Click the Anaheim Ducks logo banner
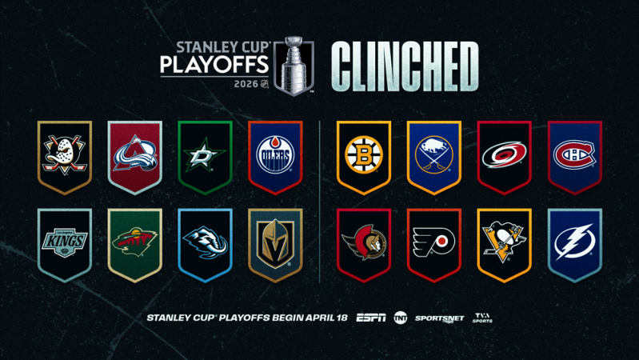click(65, 154)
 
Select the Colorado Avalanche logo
click(135, 154)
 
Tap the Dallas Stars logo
click(205, 154)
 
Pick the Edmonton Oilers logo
click(275, 154)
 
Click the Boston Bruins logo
click(363, 154)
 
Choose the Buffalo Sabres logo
click(433, 154)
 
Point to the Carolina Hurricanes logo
click(504, 154)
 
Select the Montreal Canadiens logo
click(574, 154)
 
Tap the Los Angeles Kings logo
click(65, 242)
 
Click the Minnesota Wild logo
click(135, 242)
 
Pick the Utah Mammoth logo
click(205, 242)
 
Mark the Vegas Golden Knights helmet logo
click(275, 242)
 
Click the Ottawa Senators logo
click(363, 242)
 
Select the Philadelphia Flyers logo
click(433, 242)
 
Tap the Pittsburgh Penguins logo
click(504, 242)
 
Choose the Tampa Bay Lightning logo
click(574, 242)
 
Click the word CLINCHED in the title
click(404, 66)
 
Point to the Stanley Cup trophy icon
click(294, 66)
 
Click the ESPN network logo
click(371, 318)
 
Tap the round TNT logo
click(401, 318)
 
